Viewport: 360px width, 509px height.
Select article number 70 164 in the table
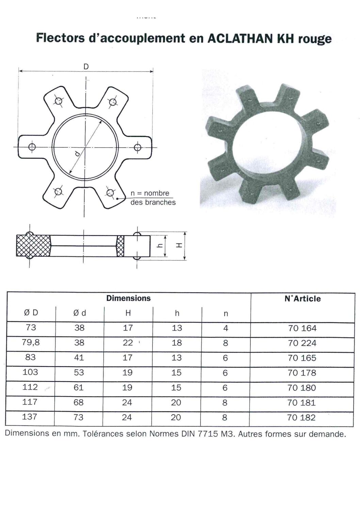[302, 328]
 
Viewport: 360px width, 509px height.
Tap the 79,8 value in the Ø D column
[31, 342]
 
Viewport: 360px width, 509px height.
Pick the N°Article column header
[302, 299]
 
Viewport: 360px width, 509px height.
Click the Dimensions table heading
[128, 298]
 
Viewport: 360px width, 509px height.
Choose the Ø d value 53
[79, 372]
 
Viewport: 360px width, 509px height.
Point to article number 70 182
[301, 418]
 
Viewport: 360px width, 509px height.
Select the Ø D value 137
[30, 417]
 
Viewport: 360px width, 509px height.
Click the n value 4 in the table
[226, 328]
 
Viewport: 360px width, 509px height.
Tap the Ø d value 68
[79, 402]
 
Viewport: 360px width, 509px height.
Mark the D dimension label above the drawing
[86, 67]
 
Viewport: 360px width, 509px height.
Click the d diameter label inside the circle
[78, 154]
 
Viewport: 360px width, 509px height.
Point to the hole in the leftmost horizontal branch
[32, 147]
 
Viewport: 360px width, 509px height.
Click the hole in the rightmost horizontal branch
[137, 147]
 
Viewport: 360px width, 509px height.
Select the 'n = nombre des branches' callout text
[153, 198]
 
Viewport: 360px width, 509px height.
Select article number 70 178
[301, 373]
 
